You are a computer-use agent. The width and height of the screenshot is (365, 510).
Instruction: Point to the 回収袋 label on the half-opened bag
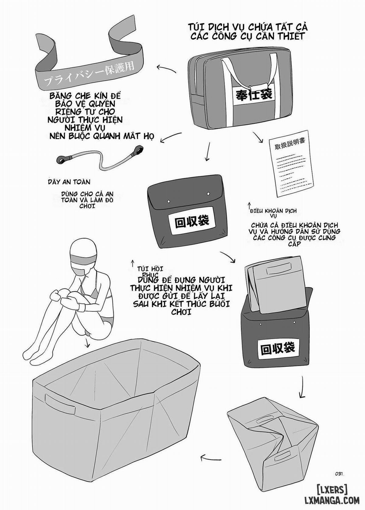[278, 347]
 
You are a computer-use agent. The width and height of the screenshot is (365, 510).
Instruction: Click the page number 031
[339, 473]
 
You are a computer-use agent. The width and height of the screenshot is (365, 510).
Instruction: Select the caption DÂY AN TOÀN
[69, 182]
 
